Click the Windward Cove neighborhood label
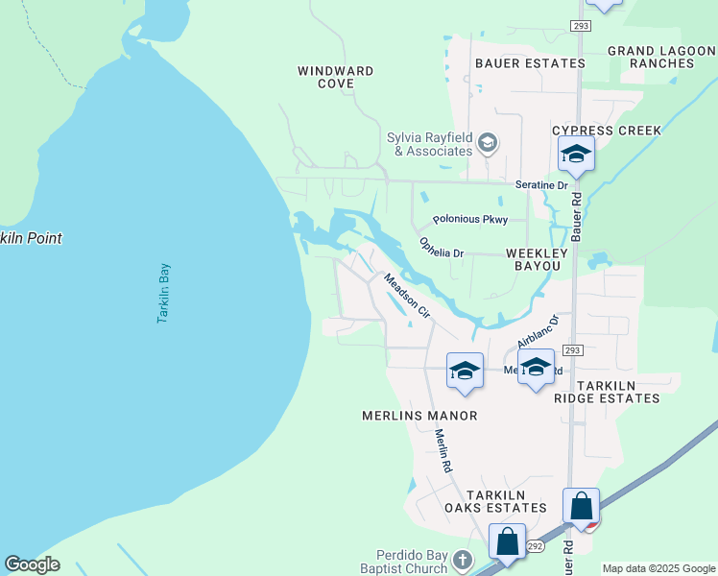(x=335, y=77)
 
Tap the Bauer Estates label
(x=530, y=63)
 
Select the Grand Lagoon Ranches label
(x=661, y=57)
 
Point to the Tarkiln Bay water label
(x=163, y=293)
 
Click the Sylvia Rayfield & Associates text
(x=430, y=144)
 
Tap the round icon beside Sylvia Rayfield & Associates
(x=487, y=144)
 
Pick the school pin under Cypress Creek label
(x=576, y=154)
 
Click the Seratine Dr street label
(x=542, y=184)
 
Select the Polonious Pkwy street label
(x=469, y=220)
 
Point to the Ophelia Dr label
(x=442, y=248)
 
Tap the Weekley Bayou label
(x=538, y=252)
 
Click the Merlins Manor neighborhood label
(x=419, y=416)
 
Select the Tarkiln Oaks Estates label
(x=493, y=501)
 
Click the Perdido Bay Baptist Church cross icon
(x=462, y=559)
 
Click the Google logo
(x=32, y=564)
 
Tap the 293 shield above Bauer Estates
(x=579, y=25)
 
